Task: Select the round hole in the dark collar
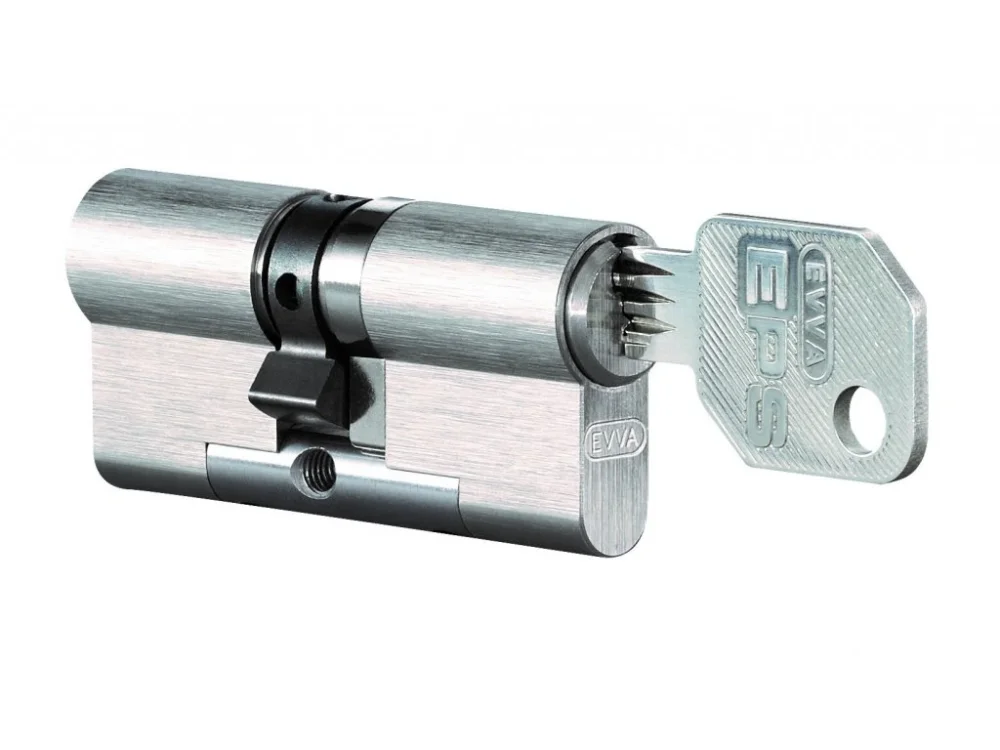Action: tap(289, 283)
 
